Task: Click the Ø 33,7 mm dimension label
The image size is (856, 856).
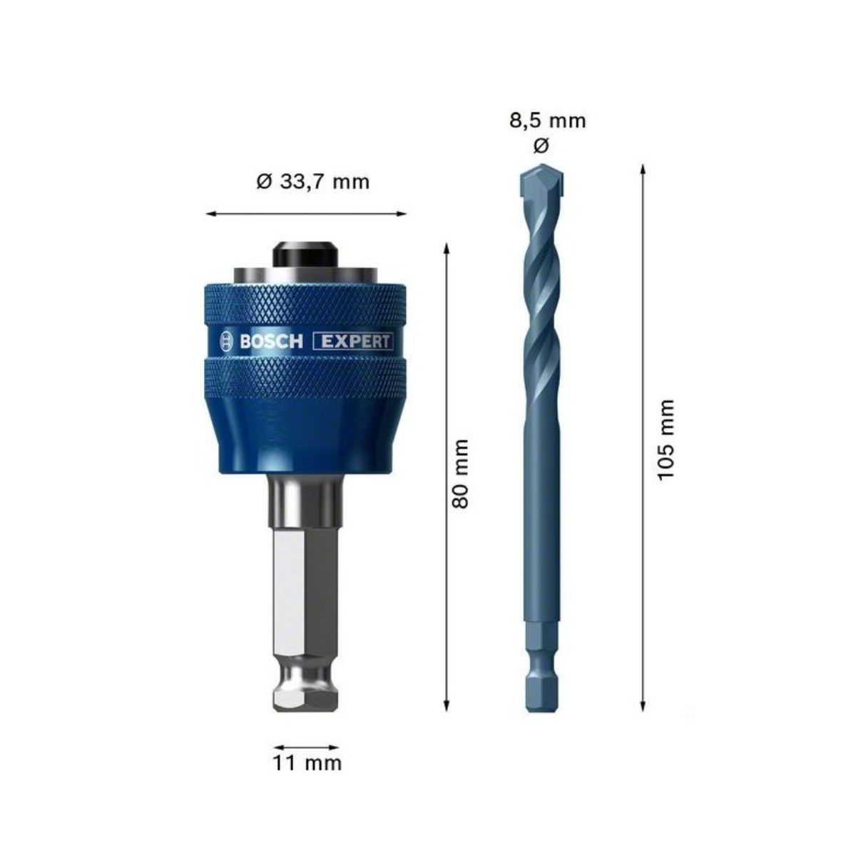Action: (312, 182)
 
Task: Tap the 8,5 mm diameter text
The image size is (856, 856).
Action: (547, 121)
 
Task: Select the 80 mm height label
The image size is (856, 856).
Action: (460, 474)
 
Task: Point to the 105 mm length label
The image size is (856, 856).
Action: (666, 439)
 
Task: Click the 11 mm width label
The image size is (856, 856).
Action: (307, 763)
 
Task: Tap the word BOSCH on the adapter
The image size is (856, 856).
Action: (271, 341)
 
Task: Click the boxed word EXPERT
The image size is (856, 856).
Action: (354, 341)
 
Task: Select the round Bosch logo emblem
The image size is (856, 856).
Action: (227, 341)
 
